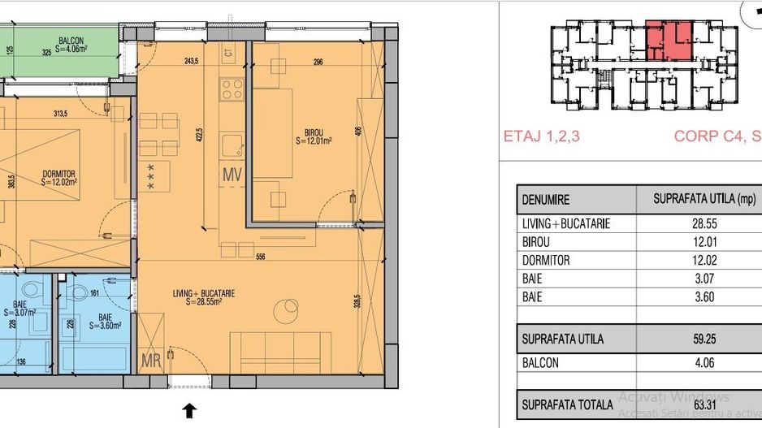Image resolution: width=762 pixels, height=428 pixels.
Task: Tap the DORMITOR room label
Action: (59, 173)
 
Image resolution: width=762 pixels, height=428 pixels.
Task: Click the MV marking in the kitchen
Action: (232, 174)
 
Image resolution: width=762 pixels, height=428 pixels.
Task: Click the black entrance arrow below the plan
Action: (189, 411)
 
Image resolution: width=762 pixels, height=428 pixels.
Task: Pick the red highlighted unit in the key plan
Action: (670, 41)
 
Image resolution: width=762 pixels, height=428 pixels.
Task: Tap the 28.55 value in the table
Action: (704, 224)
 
